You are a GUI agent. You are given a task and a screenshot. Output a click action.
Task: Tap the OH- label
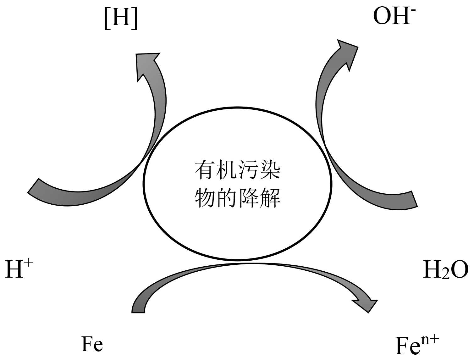coord(392,16)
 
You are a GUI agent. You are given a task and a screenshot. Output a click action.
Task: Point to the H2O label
coord(446,270)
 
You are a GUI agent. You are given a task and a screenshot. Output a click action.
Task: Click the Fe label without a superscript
coord(92,344)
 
